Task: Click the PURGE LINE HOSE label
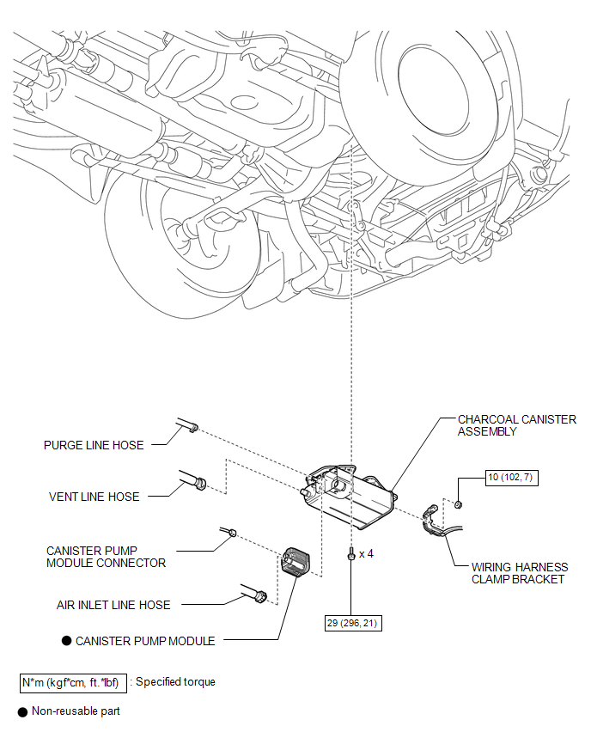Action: (x=94, y=445)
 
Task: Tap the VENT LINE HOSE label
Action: (x=94, y=497)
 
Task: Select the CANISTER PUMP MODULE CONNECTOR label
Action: (x=106, y=557)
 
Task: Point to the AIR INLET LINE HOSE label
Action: (x=113, y=605)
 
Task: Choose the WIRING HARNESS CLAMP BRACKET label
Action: (x=519, y=573)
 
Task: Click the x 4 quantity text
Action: (x=366, y=554)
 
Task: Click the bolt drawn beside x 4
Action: (x=351, y=555)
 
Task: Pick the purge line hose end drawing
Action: (x=186, y=425)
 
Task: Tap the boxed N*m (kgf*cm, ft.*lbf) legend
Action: (x=74, y=682)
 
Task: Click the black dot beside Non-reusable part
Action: (x=21, y=711)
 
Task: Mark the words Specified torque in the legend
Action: (x=176, y=682)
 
